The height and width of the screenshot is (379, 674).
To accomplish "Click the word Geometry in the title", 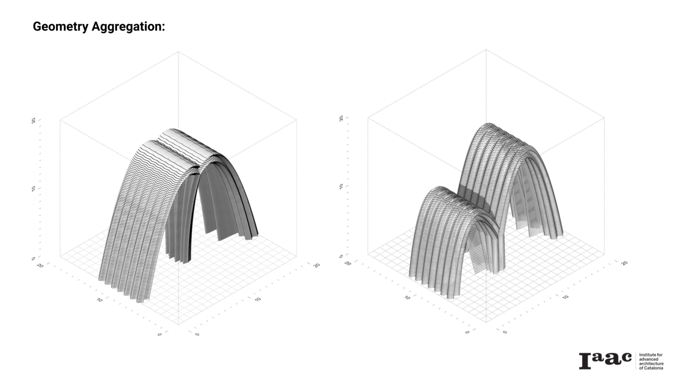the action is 61,27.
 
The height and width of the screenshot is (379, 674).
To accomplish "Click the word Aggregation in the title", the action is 128,27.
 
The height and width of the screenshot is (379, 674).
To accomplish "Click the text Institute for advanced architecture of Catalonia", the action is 651,361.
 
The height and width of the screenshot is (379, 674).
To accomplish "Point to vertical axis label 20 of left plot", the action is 34,121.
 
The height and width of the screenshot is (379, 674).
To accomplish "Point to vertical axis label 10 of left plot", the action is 34,189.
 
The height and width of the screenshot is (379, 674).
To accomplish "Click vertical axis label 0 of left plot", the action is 33,258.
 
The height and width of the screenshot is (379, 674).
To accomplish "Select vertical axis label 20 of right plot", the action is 341,118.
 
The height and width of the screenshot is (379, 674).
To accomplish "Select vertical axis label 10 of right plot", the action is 341,186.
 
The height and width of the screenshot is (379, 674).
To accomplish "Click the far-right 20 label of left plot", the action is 317,265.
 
